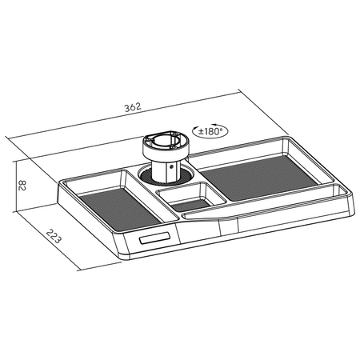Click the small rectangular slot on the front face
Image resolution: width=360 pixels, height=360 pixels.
(153, 238)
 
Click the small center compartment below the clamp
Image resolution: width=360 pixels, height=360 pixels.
(190, 197)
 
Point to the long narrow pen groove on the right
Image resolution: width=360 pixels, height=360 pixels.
(280, 206)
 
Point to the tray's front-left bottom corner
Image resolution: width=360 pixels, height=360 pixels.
(120, 258)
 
